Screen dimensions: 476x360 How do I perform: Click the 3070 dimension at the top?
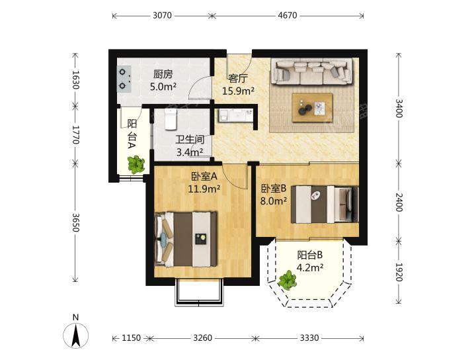tap(162, 15)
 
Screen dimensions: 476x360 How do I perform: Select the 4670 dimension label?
tap(288, 15)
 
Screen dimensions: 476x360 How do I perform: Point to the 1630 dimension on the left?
tap(76, 80)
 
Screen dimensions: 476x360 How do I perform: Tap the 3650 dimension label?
tap(76, 222)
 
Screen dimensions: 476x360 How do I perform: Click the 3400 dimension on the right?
tap(399, 108)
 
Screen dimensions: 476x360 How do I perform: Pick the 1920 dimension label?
tap(399, 272)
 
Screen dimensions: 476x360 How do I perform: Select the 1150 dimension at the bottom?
tap(131, 337)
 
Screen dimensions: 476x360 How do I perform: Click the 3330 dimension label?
tap(309, 337)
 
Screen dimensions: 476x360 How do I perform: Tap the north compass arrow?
tap(76, 336)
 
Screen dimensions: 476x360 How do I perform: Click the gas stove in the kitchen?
tap(124, 79)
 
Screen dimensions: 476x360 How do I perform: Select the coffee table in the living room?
tap(312, 108)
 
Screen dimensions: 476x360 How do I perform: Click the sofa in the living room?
tap(312, 71)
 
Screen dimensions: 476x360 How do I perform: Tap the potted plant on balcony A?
tap(136, 165)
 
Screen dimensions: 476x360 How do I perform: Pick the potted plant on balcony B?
tap(287, 280)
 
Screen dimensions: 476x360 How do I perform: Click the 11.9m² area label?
tap(204, 189)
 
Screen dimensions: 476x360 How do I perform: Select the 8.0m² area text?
tap(274, 201)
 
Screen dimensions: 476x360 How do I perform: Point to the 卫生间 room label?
tap(190, 140)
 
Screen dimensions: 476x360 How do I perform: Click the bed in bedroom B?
tap(325, 204)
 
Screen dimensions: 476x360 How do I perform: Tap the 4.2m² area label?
tap(309, 268)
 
